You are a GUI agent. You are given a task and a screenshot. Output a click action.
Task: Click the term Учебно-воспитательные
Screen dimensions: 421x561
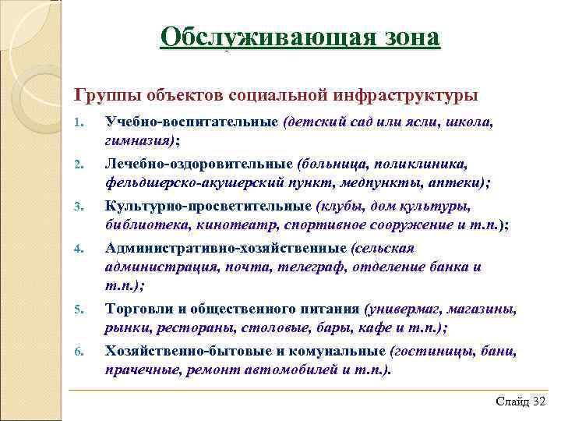click(192, 122)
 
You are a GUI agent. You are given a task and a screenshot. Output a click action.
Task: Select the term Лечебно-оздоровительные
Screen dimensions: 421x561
click(199, 165)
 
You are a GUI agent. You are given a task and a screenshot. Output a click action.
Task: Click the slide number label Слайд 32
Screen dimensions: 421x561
click(520, 401)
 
